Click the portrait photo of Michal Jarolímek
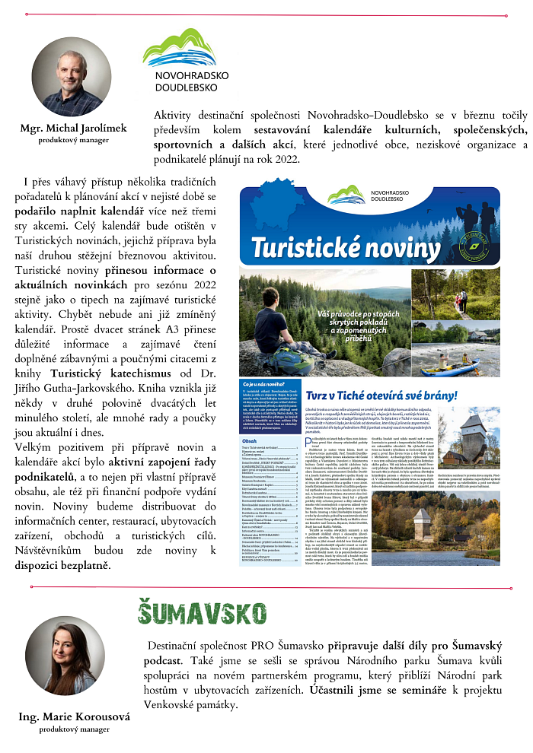72,77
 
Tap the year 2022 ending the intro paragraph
287,159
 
